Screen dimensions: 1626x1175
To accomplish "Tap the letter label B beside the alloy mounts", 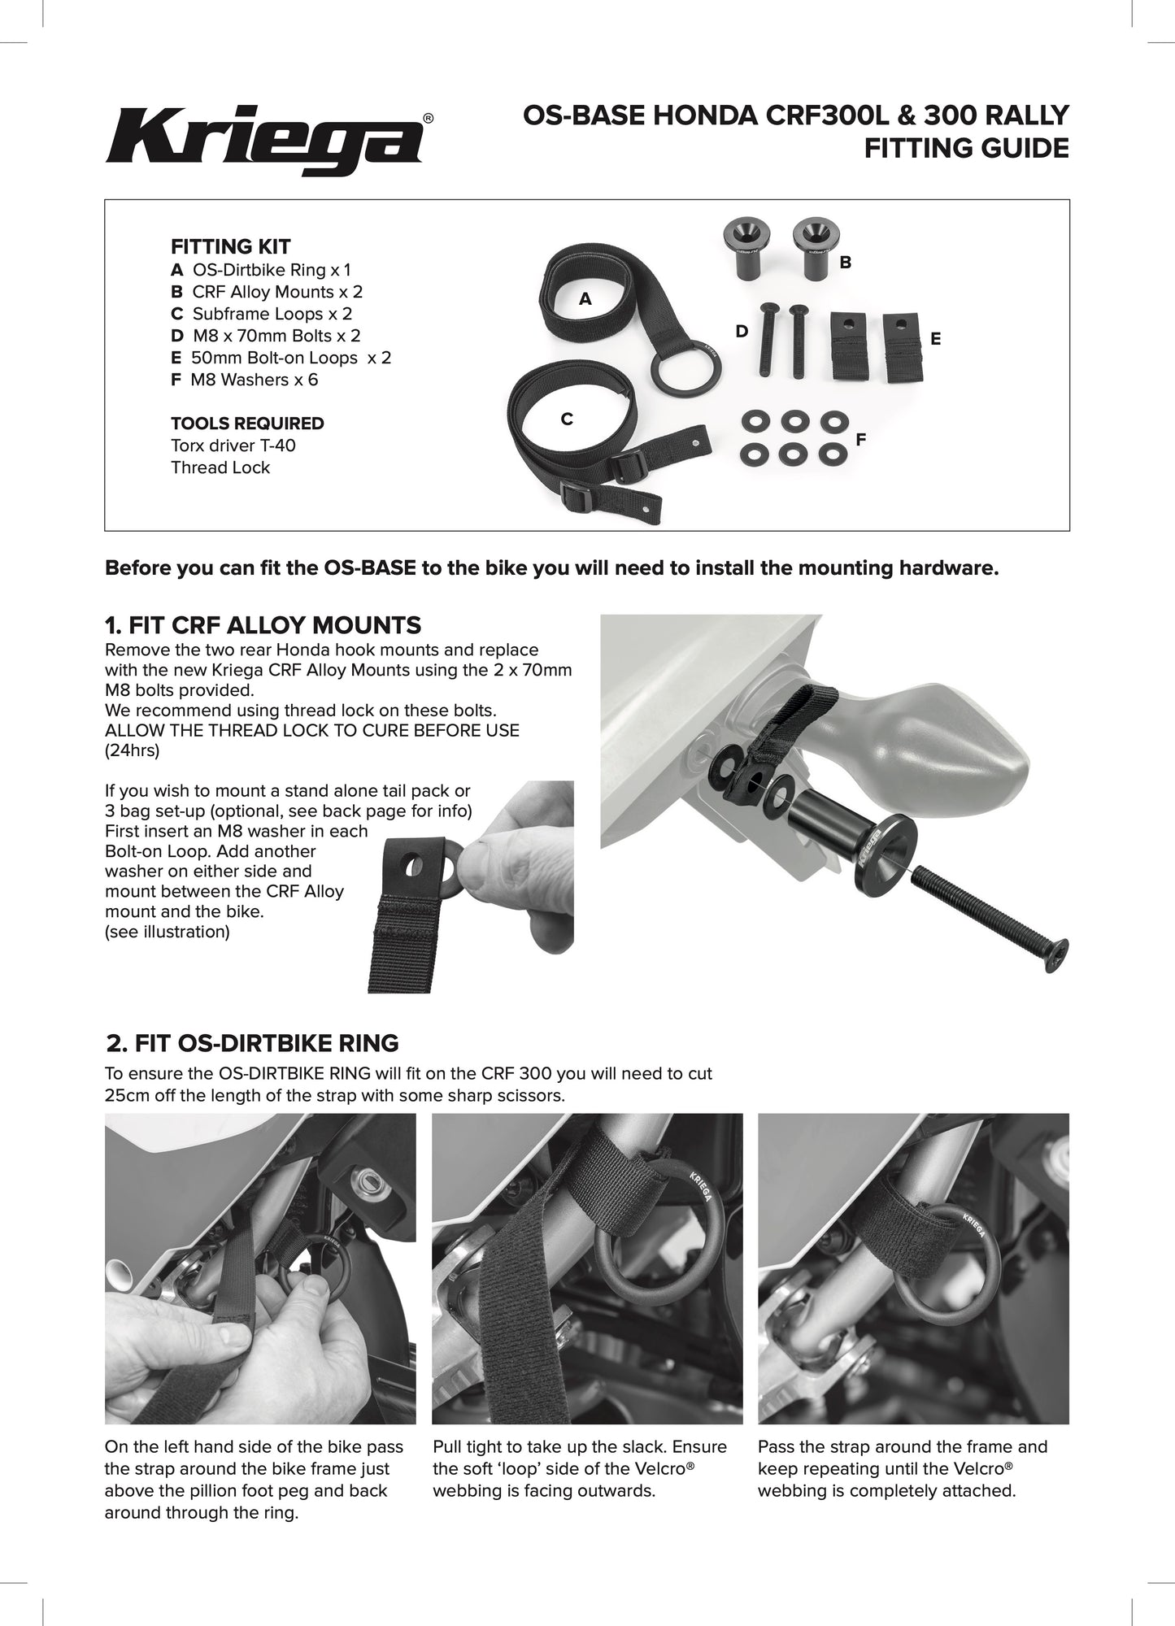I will [x=845, y=262].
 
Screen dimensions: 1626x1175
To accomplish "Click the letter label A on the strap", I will [x=585, y=298].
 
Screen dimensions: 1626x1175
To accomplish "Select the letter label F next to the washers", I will [x=860, y=439].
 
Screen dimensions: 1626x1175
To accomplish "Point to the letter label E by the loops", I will [x=935, y=339].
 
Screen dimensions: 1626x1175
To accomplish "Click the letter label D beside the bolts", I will [x=741, y=331].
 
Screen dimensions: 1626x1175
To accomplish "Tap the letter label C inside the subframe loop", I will [x=567, y=419].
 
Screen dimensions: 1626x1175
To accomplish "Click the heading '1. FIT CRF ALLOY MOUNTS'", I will [x=263, y=625].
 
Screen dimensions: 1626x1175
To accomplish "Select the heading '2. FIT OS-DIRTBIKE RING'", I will [x=253, y=1042].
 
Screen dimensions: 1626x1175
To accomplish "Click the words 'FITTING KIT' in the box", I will [x=230, y=246].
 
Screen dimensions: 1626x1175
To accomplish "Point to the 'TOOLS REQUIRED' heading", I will [x=247, y=424].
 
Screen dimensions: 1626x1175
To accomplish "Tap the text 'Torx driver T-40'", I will [x=233, y=446].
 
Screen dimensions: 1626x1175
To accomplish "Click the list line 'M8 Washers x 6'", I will [x=254, y=380].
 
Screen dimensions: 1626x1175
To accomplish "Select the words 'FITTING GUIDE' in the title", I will [x=966, y=148].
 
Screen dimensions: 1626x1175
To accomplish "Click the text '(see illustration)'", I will [x=168, y=932].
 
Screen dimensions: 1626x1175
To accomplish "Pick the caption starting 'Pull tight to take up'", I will [x=579, y=1468].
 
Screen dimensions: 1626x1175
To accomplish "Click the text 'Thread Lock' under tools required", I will [x=220, y=467].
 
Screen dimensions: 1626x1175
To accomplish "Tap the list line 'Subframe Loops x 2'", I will [x=272, y=314].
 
